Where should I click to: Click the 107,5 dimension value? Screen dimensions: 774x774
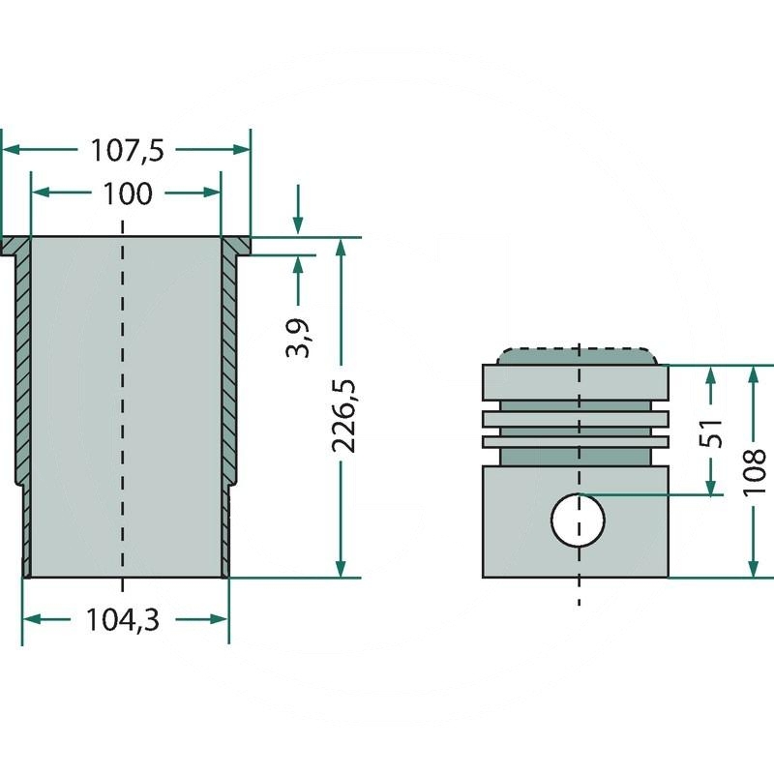(127, 151)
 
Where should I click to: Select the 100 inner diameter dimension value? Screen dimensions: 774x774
(127, 193)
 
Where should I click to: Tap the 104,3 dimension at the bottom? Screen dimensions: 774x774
(125, 620)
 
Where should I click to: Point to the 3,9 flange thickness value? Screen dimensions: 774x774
(299, 338)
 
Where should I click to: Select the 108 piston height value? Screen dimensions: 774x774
(756, 471)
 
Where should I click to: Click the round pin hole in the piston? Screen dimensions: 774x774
(578, 520)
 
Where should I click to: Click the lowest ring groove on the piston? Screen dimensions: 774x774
(577, 441)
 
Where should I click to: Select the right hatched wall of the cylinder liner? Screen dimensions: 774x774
(228, 368)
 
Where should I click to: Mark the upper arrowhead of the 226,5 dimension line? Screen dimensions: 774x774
(341, 248)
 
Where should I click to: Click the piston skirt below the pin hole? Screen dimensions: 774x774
(578, 562)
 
